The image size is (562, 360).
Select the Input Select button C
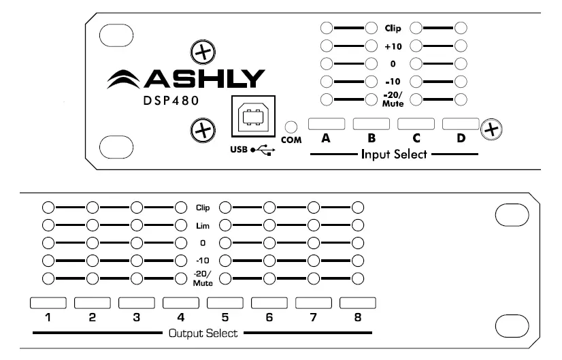(x=416, y=124)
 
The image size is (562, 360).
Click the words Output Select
(x=202, y=333)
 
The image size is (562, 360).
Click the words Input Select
(x=394, y=154)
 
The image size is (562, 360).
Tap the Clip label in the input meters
(x=393, y=29)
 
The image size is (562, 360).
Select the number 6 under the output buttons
(x=269, y=317)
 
